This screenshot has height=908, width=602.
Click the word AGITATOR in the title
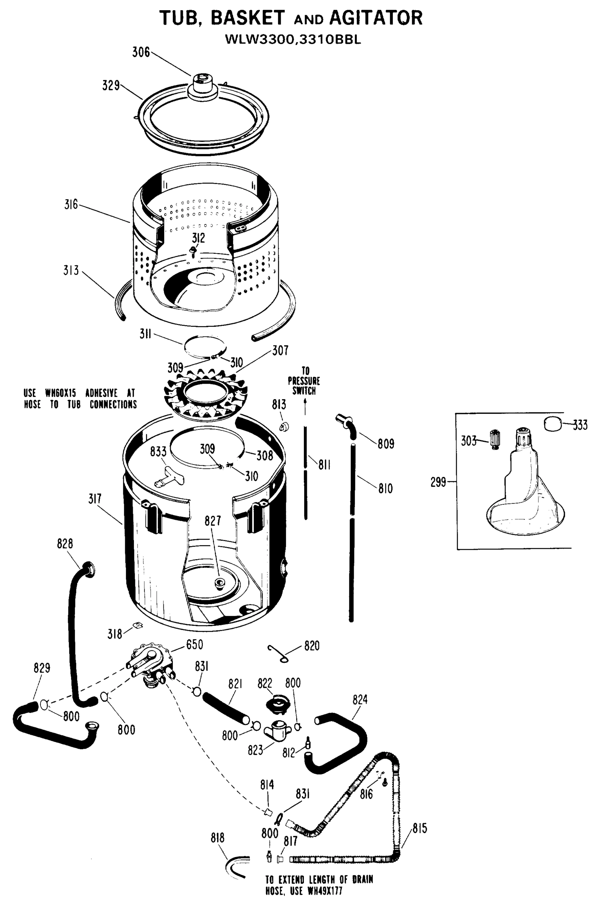pos(376,18)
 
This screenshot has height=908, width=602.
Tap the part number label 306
pos(141,52)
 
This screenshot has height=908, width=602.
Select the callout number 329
pos(111,85)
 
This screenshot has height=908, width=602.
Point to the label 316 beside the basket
pos(71,205)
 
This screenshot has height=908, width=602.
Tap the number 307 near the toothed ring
pos(280,350)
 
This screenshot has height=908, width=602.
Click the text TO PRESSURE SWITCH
pos(304,381)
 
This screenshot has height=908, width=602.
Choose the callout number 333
pos(580,425)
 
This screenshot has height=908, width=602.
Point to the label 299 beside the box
pos(438,482)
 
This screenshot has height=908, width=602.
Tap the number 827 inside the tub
pos(213,521)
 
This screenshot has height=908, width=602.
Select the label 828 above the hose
pos(65,544)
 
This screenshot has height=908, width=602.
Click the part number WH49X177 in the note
pos(325,891)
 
